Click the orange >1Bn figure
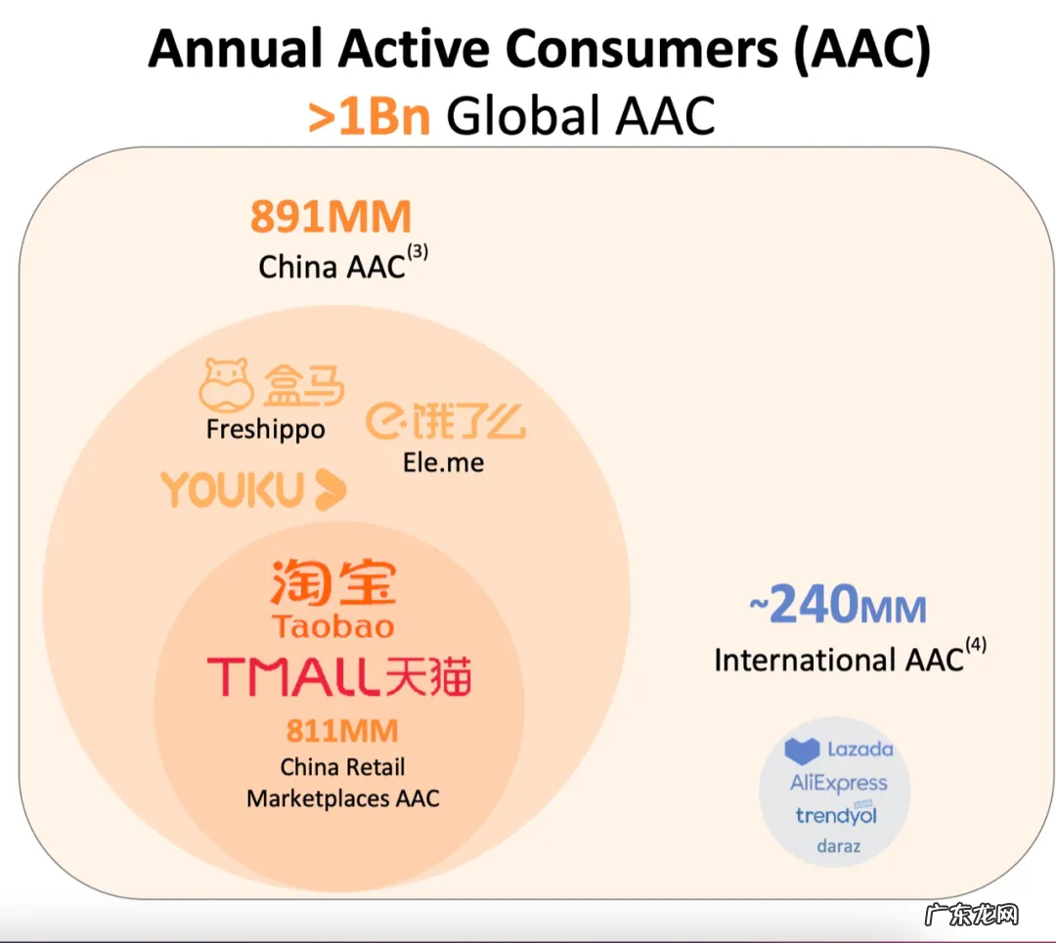369,116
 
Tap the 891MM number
330,217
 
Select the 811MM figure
342,730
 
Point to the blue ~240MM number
838,604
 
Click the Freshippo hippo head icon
226,384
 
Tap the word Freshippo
265,429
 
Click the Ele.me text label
443,462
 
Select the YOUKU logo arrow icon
330,490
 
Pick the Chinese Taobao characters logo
333,582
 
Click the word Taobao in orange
333,626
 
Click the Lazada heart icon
802,750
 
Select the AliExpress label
839,783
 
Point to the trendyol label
836,814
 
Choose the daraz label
839,846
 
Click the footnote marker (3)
418,252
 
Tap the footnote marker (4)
976,645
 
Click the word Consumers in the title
641,49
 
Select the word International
805,661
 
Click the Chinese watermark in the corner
971,915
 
